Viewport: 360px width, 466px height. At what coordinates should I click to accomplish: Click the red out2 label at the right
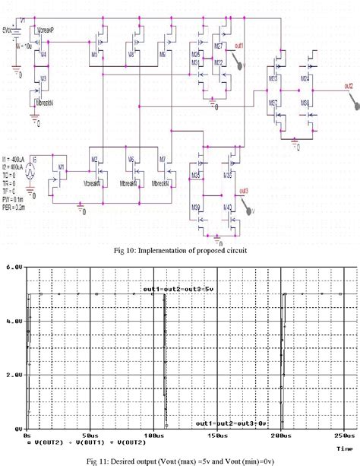[x=348, y=85]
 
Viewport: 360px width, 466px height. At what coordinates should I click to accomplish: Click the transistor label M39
[x=195, y=208]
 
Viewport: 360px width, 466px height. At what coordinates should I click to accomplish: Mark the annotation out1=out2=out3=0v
[x=231, y=422]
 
